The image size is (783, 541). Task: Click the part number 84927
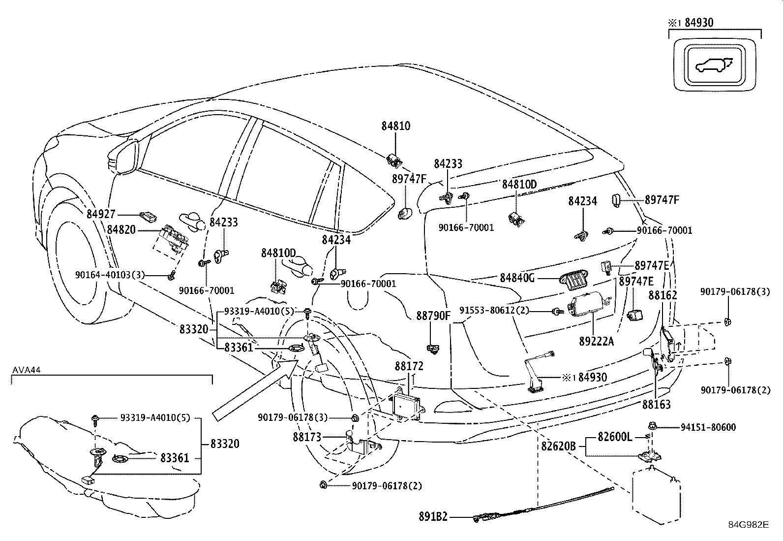click(101, 214)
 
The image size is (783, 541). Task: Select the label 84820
click(121, 230)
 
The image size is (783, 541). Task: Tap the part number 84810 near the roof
click(395, 126)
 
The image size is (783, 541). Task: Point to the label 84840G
click(517, 278)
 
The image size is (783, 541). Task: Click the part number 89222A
click(596, 341)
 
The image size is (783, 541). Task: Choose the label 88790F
click(433, 316)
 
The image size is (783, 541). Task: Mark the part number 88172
click(409, 366)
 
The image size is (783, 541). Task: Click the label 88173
click(307, 437)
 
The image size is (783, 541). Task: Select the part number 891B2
click(433, 517)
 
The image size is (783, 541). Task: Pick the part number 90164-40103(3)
click(110, 275)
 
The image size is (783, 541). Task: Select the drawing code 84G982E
click(749, 524)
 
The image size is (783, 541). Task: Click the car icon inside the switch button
click(712, 65)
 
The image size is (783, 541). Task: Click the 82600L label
click(615, 437)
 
